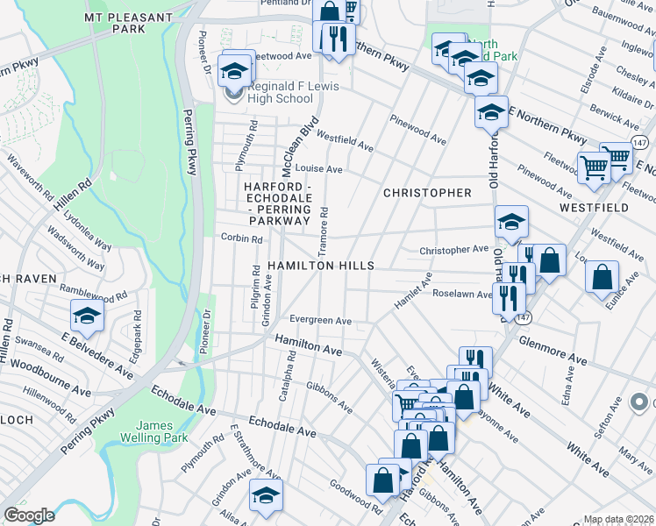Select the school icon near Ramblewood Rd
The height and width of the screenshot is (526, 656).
[88, 316]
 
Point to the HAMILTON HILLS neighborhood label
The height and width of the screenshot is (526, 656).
[321, 266]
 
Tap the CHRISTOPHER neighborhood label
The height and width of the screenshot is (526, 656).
[427, 193]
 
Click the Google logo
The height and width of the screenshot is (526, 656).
[29, 515]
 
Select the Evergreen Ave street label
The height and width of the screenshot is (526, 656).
[320, 321]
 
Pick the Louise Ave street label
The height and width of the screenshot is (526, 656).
[318, 168]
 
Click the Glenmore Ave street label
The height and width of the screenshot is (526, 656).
[553, 349]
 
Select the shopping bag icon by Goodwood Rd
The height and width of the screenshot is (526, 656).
[382, 480]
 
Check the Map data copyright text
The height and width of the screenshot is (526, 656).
[618, 519]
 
